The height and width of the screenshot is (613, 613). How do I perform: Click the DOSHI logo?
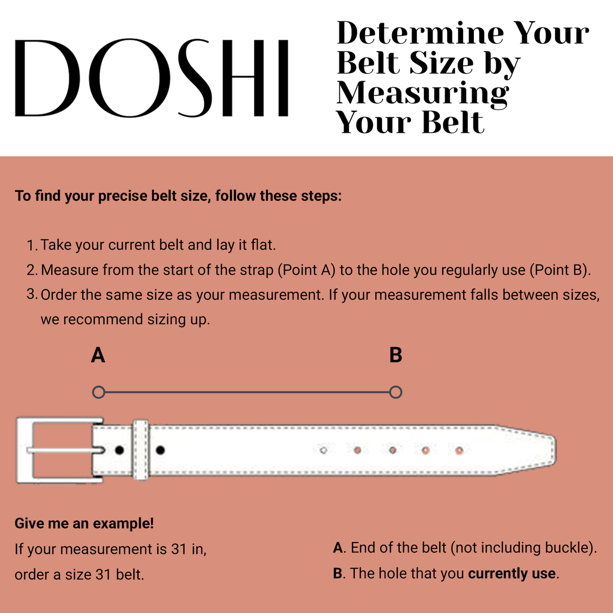152,78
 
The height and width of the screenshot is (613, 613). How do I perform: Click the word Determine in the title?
421,33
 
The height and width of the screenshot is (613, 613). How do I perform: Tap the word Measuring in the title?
423,93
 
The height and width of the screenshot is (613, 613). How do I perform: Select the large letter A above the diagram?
98,355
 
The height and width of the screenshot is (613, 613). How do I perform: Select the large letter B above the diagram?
396,355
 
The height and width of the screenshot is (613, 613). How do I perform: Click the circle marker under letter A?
98,392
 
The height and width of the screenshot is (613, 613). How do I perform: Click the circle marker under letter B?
396,392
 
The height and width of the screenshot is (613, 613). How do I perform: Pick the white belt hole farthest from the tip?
323,450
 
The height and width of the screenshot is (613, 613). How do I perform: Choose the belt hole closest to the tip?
459,450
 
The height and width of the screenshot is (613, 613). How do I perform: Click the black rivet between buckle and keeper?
119,450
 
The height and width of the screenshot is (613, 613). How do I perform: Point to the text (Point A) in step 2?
306,270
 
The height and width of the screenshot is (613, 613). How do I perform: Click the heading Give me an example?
84,523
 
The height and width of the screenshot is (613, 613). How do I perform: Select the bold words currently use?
511,573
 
